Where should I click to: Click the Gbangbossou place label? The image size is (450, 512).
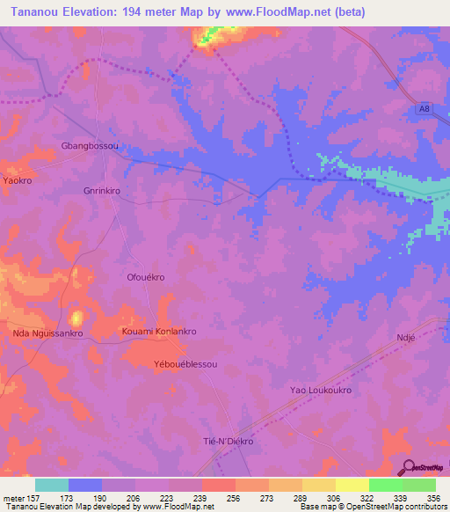(x=89, y=145)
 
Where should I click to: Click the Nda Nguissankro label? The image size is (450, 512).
(x=47, y=333)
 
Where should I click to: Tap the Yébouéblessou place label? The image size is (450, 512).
(x=185, y=363)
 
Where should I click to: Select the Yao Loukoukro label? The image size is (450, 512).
(x=321, y=390)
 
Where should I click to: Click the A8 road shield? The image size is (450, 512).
(x=425, y=109)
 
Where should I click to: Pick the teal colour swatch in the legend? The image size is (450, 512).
(x=51, y=485)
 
